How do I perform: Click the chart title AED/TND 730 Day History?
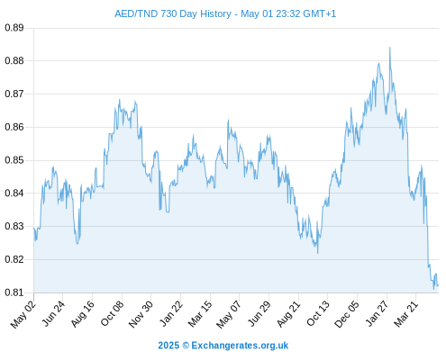[x=173, y=13]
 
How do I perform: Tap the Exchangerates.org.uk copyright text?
[x=223, y=346]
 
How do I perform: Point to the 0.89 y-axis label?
[x=14, y=28]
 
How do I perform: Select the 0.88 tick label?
[x=14, y=61]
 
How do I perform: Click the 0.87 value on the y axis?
[x=14, y=94]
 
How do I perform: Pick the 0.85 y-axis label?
[x=14, y=160]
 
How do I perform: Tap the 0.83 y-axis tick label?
[x=14, y=226]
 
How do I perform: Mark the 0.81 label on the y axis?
[x=14, y=292]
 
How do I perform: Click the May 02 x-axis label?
[x=23, y=314]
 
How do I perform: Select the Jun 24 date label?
[x=53, y=313]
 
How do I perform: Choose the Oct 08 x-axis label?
[x=112, y=313]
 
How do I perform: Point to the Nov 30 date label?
[x=141, y=314]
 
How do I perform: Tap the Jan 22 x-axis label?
[x=170, y=313]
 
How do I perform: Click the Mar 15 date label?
[x=200, y=313]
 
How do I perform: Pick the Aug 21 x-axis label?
[x=288, y=313]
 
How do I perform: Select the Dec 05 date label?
[x=346, y=314]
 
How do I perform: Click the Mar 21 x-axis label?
[x=405, y=313]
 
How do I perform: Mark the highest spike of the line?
[x=389, y=47]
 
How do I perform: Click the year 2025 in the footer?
[x=168, y=346]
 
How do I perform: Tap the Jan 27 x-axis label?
[x=377, y=313]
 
